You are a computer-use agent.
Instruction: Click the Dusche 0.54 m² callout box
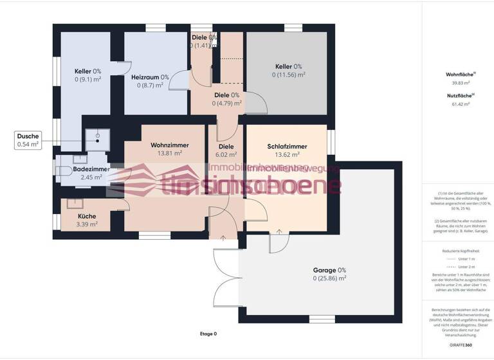tap(28, 140)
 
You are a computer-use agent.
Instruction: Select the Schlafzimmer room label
tap(287, 147)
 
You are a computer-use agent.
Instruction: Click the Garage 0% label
tap(329, 270)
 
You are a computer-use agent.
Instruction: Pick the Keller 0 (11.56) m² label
tap(288, 66)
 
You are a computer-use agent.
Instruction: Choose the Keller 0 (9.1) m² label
tap(87, 71)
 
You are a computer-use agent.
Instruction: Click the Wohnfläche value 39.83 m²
tap(461, 82)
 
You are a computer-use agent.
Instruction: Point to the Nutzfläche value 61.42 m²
tap(461, 103)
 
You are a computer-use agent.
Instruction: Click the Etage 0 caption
tap(208, 334)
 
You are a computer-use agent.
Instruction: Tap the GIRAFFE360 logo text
tap(461, 346)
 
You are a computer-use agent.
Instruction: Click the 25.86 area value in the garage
tap(329, 278)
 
